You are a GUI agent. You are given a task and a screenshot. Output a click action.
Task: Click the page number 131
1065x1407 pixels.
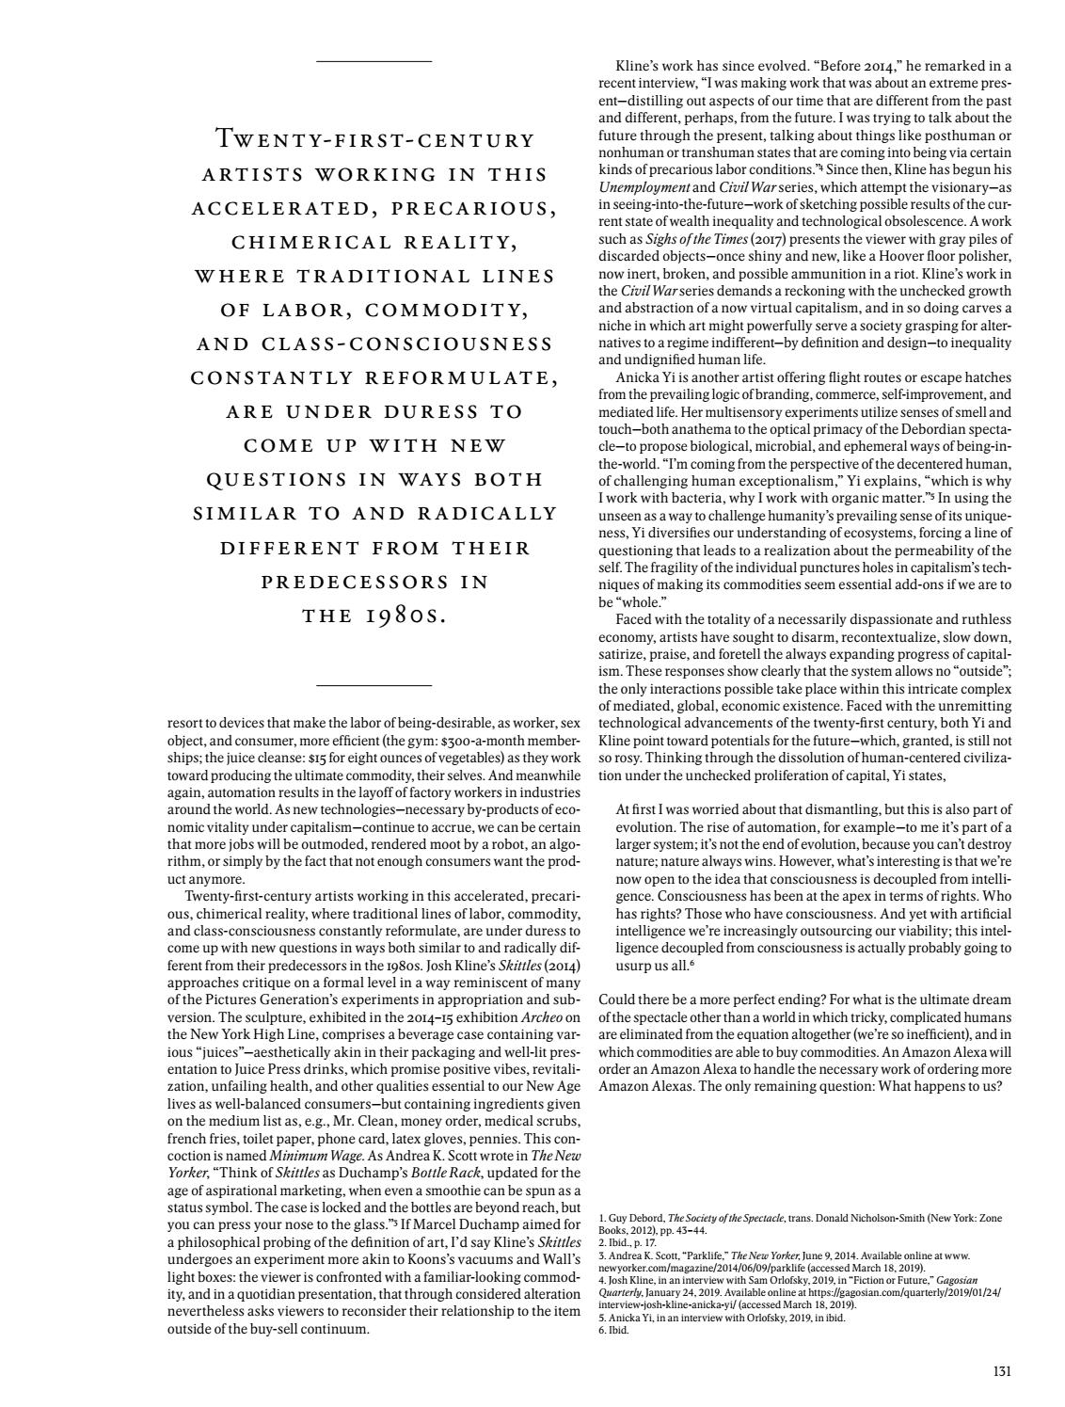point(1001,1371)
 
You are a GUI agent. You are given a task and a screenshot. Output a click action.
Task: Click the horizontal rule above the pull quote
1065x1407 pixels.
point(374,61)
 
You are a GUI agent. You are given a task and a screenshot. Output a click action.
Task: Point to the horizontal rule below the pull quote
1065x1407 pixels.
point(374,685)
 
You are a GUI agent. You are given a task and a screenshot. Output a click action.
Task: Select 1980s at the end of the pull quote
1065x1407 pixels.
point(407,616)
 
